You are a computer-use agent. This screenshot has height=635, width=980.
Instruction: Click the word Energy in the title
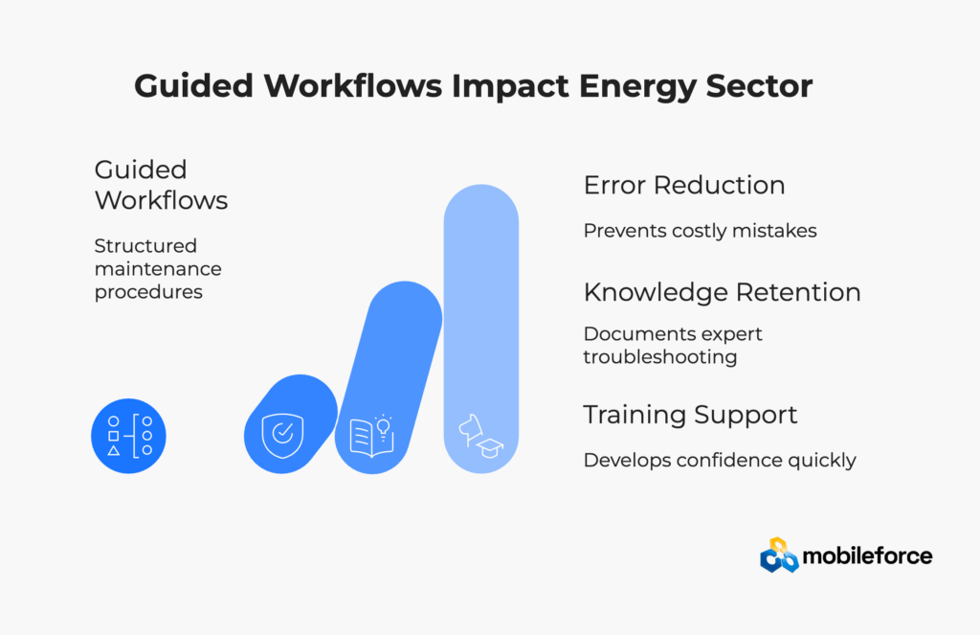pos(636,87)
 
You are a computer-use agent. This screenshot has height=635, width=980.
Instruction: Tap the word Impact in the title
pos(510,87)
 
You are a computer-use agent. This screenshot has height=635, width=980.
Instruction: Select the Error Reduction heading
pos(684,185)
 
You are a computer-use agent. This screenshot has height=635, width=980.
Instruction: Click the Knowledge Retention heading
pos(722,293)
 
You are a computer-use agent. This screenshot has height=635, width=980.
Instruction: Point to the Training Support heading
pos(690,416)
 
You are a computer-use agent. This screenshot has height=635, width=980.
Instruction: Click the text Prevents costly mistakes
pos(700,231)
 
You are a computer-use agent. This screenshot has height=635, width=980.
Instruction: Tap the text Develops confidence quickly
pos(720,461)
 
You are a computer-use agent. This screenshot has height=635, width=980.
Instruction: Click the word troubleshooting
pos(660,357)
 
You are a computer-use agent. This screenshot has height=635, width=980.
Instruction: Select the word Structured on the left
pos(145,246)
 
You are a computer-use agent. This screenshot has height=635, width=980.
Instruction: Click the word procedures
pos(148,292)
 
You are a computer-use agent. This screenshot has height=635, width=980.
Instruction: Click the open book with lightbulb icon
pos(372,436)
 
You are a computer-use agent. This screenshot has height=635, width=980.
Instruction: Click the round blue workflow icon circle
pos(129,436)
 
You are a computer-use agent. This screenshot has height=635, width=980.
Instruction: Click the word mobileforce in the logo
pos(867,556)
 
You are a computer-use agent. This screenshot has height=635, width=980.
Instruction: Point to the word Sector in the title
pos(759,86)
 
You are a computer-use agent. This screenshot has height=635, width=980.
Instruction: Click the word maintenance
pos(158,269)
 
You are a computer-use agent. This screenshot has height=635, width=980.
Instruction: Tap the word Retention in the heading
pos(799,293)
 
